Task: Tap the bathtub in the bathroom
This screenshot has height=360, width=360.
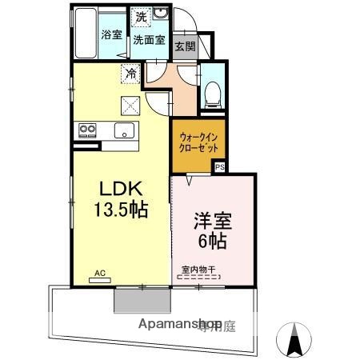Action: coord(86,33)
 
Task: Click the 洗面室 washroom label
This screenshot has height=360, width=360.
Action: coord(148,39)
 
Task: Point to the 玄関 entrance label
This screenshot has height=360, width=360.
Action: coord(185,46)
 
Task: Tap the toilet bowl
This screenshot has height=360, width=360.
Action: coord(212,94)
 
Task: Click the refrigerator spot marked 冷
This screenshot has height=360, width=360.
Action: coord(130,74)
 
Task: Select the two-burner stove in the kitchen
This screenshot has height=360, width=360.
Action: coord(86,130)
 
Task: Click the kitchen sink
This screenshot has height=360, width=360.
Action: coord(125,130)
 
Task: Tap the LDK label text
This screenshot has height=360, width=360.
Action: coord(120,188)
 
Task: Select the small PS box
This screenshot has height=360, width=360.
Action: coord(218,166)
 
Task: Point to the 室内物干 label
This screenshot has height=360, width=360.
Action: coord(198,269)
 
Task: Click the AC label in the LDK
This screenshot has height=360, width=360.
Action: coord(100,274)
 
